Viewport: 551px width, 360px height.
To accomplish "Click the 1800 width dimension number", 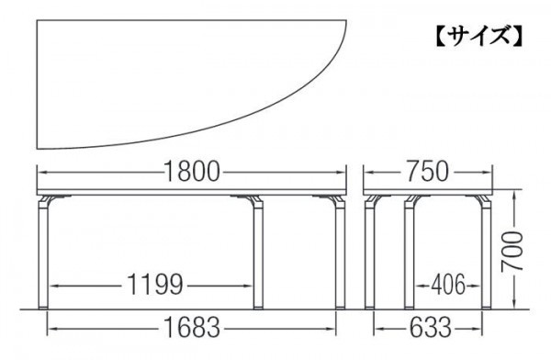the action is pos(192,172).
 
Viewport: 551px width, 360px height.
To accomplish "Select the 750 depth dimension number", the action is pos(427,172).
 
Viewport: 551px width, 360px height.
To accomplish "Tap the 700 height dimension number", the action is pos(512,251).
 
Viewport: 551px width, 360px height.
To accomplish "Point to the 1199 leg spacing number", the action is pos(154,285).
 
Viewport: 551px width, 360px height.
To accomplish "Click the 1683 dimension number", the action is pos(192,328).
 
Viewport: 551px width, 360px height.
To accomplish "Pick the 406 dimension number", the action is pos(448,285).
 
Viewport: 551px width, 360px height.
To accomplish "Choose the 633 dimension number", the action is pos(430,328).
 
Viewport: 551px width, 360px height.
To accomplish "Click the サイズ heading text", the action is pos(479,36).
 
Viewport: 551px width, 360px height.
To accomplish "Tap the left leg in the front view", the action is pos(43,253).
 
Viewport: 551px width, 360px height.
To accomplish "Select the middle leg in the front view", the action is pos(258,253).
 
